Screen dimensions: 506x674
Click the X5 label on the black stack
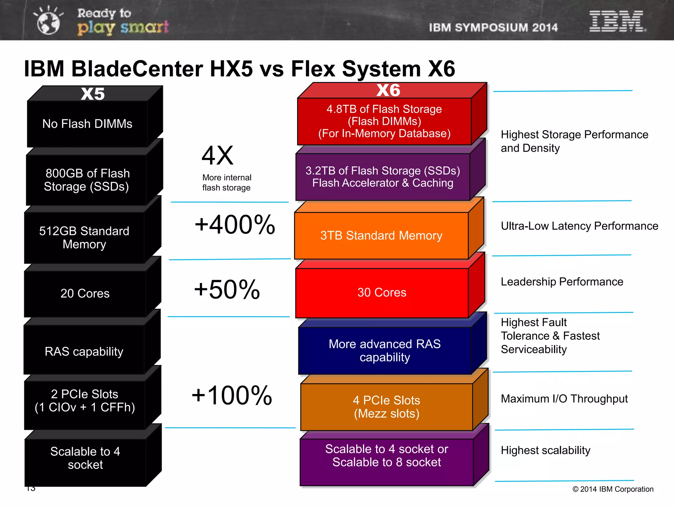pos(93,94)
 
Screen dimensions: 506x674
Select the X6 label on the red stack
pos(388,90)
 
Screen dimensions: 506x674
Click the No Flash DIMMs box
pos(87,124)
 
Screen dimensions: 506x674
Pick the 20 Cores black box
pos(85,293)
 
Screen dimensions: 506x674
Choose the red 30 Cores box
pos(382,293)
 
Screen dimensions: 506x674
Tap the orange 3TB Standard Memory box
pos(381,236)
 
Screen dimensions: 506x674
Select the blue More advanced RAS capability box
pos(384,351)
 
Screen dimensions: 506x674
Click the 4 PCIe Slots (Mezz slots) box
pos(386,407)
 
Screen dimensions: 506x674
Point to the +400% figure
pos(235,225)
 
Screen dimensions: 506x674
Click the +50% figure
pos(227,289)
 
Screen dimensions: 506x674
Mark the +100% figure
pos(232,395)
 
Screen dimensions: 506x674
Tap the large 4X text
pos(218,155)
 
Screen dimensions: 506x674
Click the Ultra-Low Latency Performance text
pos(579,226)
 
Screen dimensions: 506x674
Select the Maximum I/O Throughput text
pos(564,399)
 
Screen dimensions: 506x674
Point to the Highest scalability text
pos(545,450)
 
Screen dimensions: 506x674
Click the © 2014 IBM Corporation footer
pos(613,489)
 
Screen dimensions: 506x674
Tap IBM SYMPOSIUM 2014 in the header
pos(493,28)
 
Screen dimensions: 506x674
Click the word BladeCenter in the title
pos(137,69)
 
